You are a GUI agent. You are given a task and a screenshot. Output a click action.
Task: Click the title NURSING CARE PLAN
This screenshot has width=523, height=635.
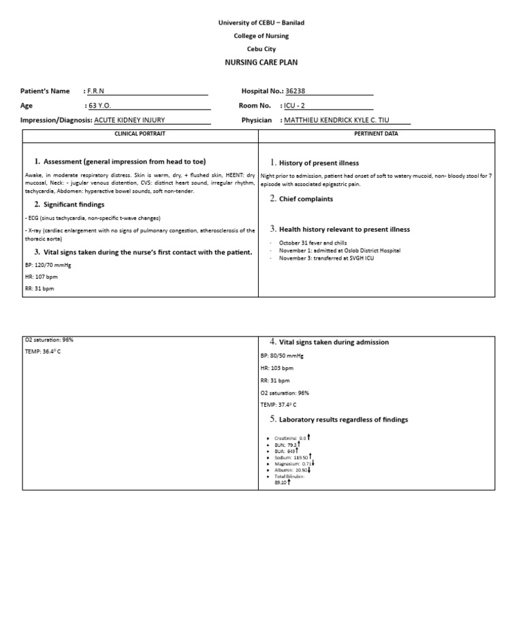tap(261, 62)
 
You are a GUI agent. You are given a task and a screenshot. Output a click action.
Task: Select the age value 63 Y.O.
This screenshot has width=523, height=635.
tap(99, 106)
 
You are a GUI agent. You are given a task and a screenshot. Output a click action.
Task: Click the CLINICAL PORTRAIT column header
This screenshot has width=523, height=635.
tap(140, 134)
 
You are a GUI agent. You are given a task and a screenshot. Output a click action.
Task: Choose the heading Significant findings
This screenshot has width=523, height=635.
tap(74, 204)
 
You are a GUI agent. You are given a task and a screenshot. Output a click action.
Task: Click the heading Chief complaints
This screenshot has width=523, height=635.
tap(306, 199)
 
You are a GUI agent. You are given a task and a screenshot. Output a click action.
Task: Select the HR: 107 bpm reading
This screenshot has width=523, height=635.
tap(39, 277)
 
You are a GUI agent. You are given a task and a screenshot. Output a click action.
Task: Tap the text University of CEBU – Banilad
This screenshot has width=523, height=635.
tap(261, 22)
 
